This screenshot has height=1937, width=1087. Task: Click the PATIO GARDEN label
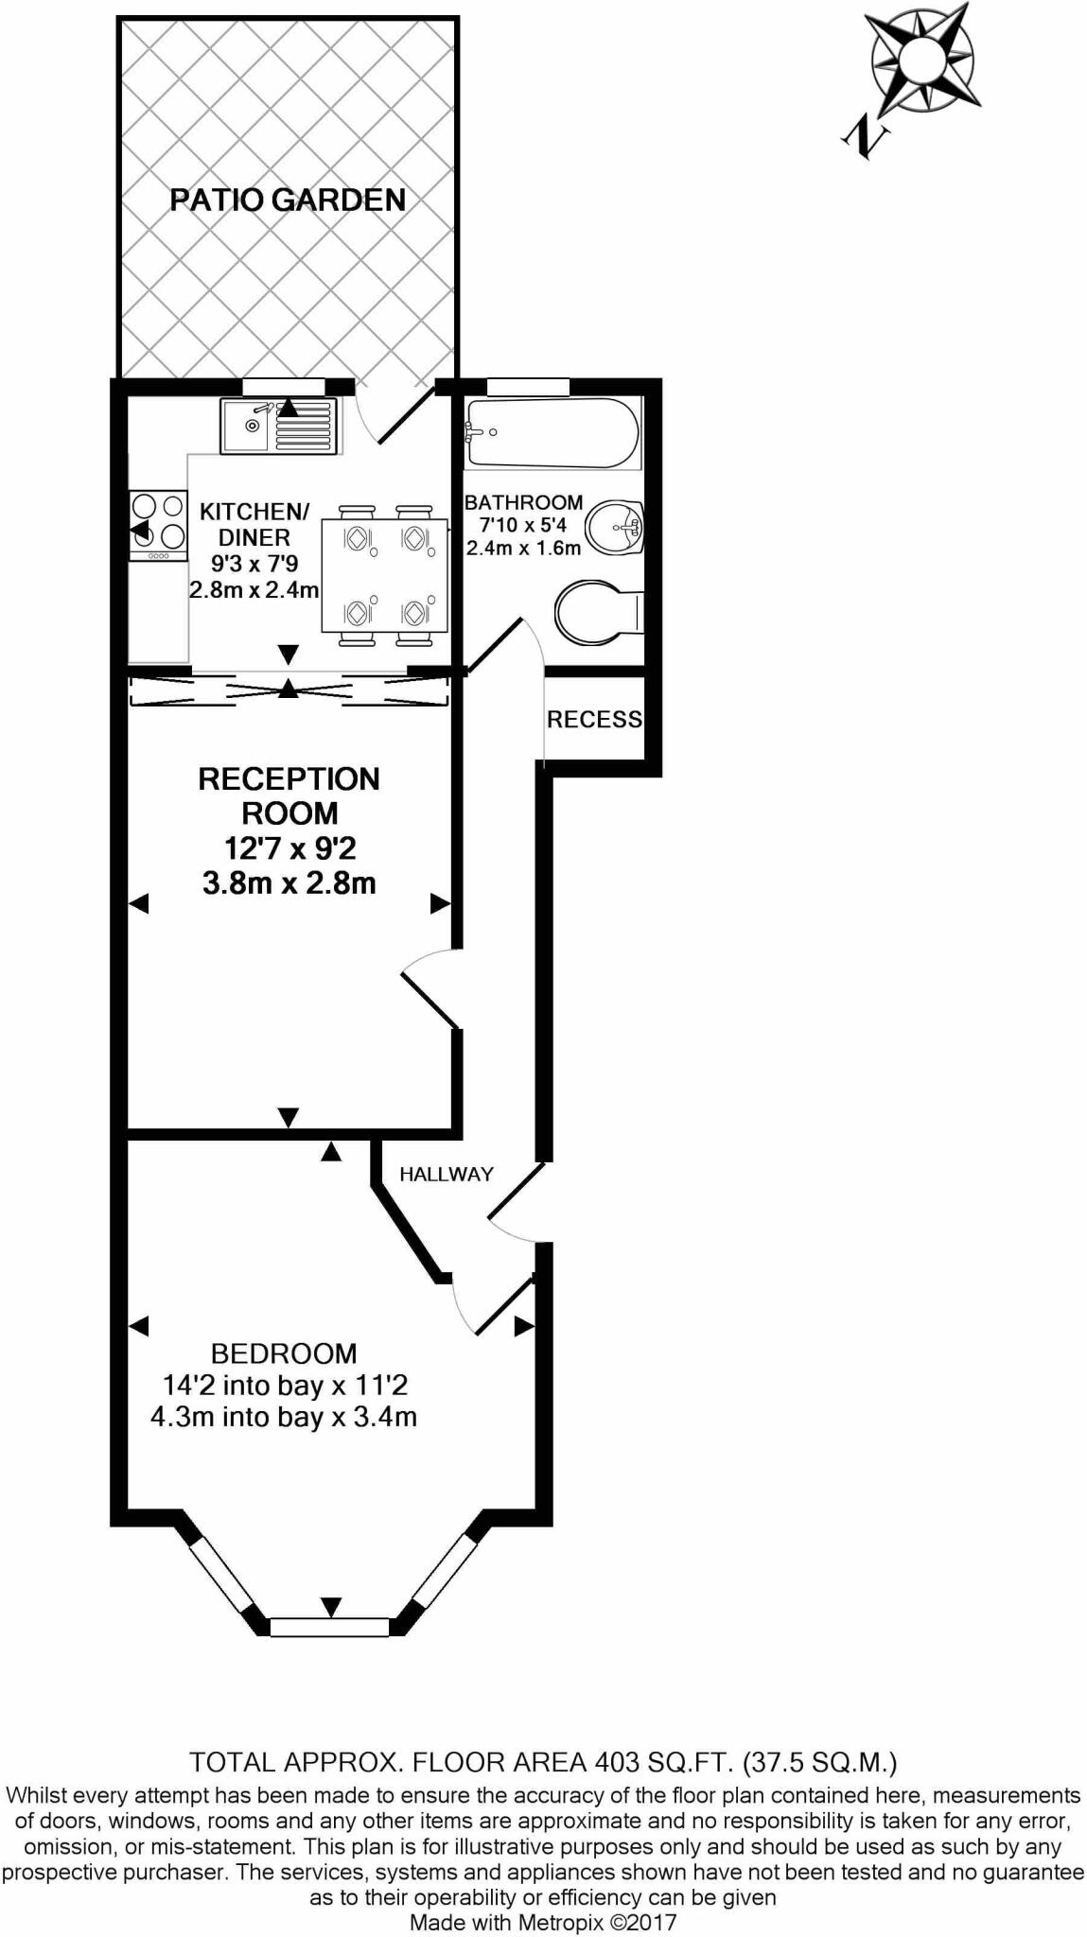coord(288,200)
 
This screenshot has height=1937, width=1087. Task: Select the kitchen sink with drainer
coord(278,426)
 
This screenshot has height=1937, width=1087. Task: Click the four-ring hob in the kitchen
coord(158,521)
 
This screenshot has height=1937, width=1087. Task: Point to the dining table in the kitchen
coord(384,575)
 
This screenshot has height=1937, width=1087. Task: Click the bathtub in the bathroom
coord(552,433)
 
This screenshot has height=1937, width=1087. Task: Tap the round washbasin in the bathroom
coord(616,527)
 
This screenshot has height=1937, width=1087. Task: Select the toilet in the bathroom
coord(599,612)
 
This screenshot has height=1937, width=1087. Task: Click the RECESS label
coord(594,720)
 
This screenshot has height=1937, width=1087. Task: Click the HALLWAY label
coord(447,1175)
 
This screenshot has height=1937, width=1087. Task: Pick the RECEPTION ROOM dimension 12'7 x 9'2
coord(289,847)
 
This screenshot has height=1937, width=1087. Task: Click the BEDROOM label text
coord(284,1353)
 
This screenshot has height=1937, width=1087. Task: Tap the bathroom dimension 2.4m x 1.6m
coord(523,548)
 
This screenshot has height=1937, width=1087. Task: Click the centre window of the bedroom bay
coord(329,1627)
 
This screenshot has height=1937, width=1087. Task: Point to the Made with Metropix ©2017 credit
coord(543,1922)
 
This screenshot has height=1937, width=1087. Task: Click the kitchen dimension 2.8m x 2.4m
coord(254,589)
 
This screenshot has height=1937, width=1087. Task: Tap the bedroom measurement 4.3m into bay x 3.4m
coord(284,1418)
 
